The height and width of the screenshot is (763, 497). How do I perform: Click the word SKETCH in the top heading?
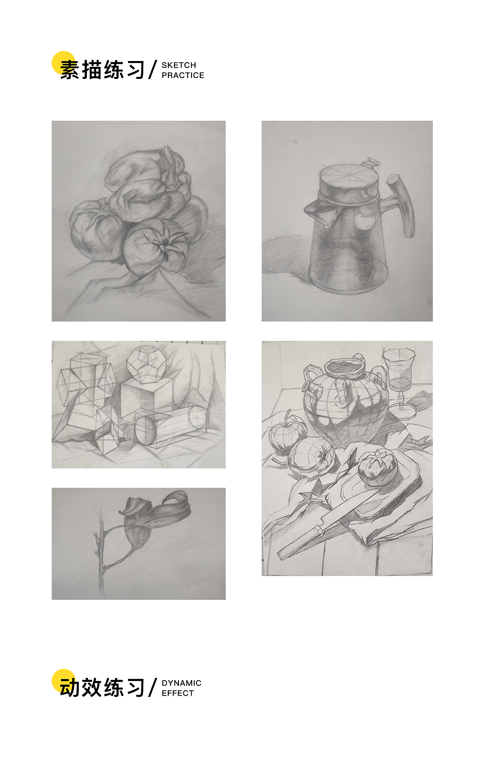(x=179, y=65)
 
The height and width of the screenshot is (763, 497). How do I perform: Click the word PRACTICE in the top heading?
(x=183, y=75)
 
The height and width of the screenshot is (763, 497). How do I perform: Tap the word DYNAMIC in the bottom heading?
(x=181, y=683)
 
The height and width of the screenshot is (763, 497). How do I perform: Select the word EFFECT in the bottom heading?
(x=177, y=693)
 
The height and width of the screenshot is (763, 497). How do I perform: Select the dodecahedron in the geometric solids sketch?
(x=146, y=362)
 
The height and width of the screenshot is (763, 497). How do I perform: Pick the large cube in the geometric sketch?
(x=146, y=396)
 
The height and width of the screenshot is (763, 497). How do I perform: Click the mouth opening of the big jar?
(x=344, y=367)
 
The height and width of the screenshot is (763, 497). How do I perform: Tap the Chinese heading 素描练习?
(x=103, y=70)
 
